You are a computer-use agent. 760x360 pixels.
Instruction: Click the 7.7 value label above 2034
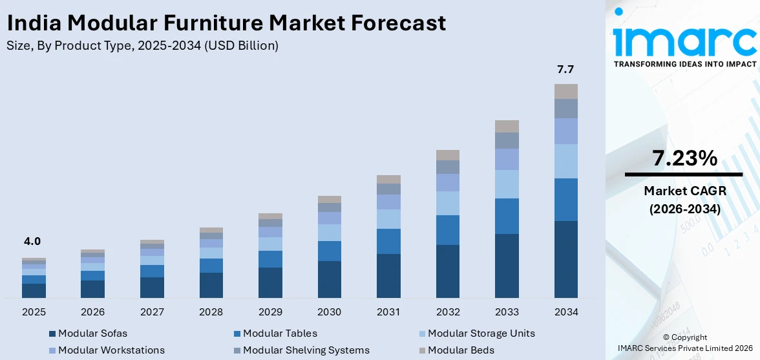coord(565,70)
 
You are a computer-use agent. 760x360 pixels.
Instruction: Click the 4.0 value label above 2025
coord(32,241)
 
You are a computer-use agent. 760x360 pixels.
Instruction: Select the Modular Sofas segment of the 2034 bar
coord(566,259)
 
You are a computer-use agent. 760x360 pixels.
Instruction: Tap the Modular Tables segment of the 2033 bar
coord(507,216)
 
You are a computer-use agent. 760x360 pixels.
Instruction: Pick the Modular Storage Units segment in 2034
coord(566,161)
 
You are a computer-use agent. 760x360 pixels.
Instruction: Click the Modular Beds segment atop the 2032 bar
coord(448,155)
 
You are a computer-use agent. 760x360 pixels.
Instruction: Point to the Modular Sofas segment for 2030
coord(330,279)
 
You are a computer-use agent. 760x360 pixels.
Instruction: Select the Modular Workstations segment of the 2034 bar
coord(566,131)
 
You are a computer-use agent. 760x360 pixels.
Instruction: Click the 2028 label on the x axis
coord(211,312)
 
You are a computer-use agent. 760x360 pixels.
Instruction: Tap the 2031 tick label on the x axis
coord(388,312)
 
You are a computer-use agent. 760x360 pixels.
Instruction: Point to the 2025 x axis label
coord(34,312)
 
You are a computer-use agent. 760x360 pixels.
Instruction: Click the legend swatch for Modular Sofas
coord(52,334)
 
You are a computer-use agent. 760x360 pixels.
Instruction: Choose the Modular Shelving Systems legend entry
coord(306,350)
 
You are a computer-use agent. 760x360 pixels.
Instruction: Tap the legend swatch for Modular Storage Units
coord(422,334)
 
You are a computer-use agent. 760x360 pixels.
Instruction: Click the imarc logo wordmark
coord(685,40)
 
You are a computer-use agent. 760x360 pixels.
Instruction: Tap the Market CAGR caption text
coord(684,191)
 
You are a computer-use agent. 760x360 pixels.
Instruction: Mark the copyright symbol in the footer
coord(667,337)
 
